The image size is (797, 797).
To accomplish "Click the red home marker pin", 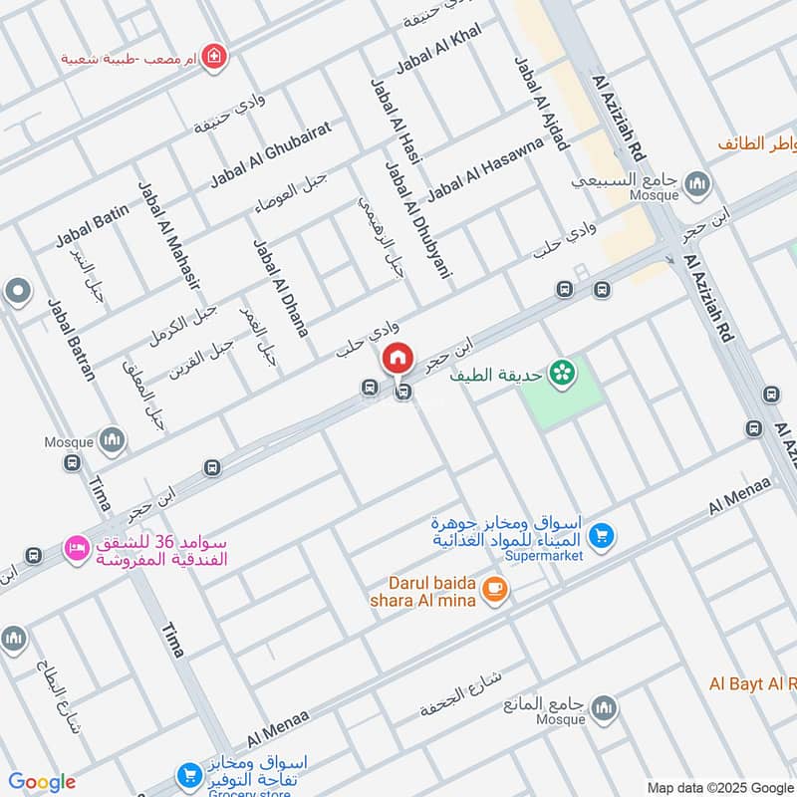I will [x=398, y=357].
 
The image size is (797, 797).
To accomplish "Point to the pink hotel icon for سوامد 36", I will [x=75, y=547].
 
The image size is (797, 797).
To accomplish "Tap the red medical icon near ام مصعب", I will [x=211, y=58].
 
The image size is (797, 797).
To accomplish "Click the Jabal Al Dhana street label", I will [x=280, y=287].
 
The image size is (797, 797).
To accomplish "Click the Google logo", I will [x=42, y=782].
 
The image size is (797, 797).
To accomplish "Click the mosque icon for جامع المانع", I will [x=603, y=708].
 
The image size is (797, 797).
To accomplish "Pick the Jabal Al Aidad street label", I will [x=541, y=103].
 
